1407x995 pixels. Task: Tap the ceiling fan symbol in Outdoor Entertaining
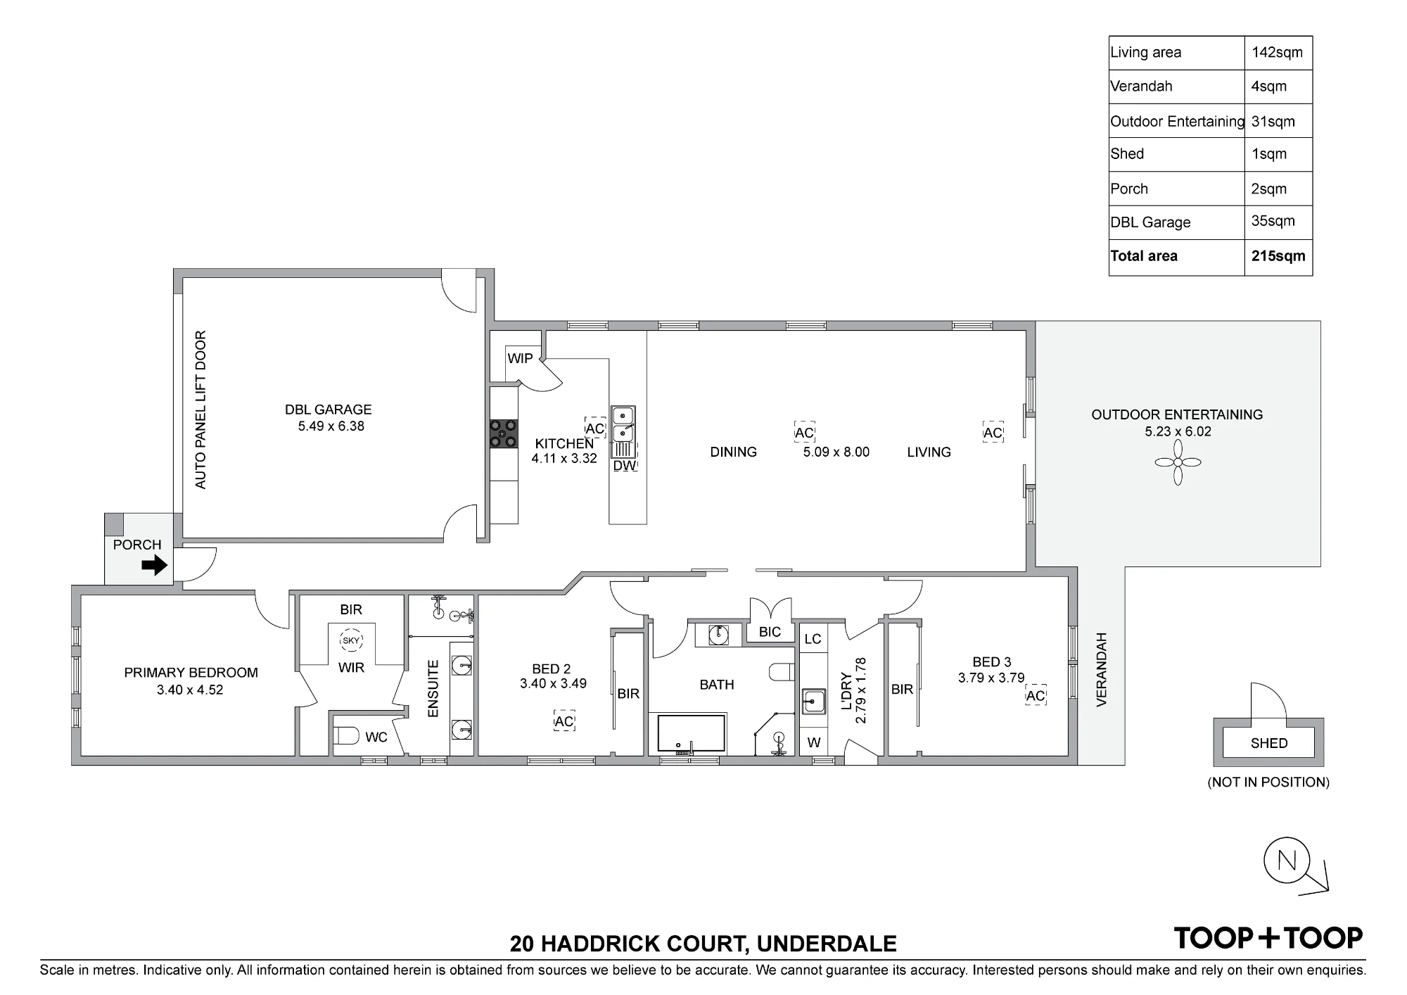tap(1178, 462)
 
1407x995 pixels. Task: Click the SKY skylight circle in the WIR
tap(350, 640)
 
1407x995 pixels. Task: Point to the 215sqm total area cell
tap(1278, 256)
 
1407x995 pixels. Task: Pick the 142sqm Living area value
tap(1277, 52)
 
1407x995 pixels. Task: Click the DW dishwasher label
tap(625, 465)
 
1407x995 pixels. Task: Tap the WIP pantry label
tap(521, 358)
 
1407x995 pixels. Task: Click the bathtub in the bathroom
tap(692, 735)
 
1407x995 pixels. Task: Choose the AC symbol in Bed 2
tap(564, 721)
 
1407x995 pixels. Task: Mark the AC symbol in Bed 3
tap(1036, 696)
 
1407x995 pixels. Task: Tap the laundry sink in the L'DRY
tap(815, 701)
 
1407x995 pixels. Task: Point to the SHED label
tap(1269, 743)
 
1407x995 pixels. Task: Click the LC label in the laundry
tap(813, 639)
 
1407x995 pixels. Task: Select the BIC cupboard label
tap(770, 632)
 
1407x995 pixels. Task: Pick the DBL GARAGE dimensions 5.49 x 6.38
tap(331, 426)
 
